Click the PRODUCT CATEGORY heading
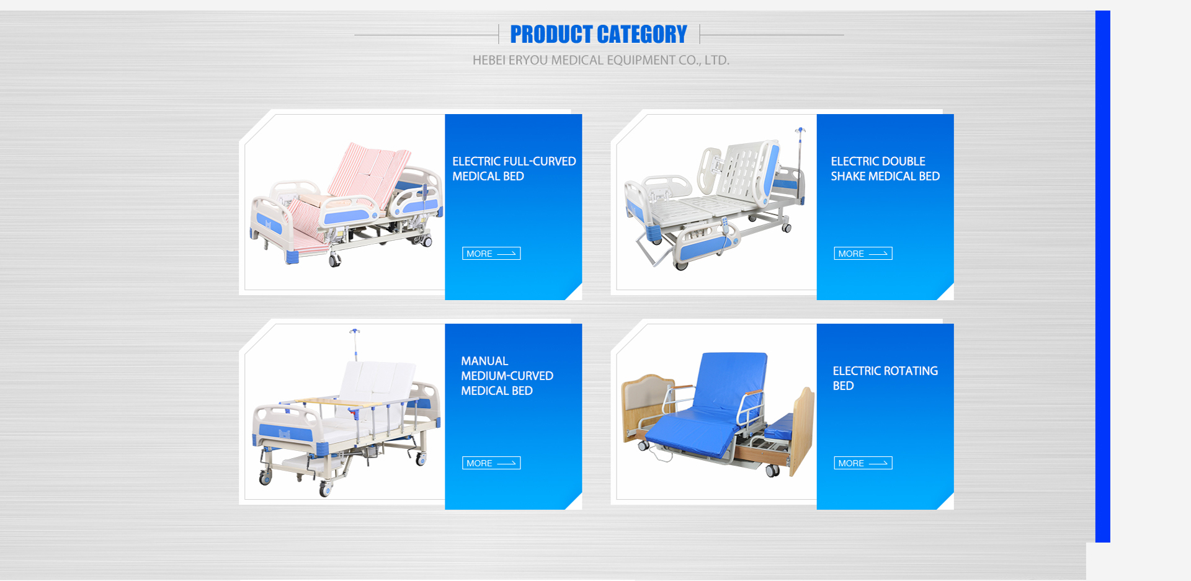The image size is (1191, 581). [599, 34]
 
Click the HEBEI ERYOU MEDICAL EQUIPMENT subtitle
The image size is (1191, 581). [601, 60]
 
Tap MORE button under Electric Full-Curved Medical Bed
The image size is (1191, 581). [491, 254]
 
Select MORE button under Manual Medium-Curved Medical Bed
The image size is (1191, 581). [491, 463]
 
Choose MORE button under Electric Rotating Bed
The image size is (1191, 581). [863, 463]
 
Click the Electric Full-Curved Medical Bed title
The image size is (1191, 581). [514, 169]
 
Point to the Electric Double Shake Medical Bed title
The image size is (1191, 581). [885, 169]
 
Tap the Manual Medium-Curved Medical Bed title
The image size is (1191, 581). [507, 376]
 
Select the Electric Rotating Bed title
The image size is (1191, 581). [885, 378]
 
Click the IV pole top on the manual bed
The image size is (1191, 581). [354, 332]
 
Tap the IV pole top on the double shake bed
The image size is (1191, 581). [801, 131]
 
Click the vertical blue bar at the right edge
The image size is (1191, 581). [1103, 277]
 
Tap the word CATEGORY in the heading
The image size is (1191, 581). [643, 34]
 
